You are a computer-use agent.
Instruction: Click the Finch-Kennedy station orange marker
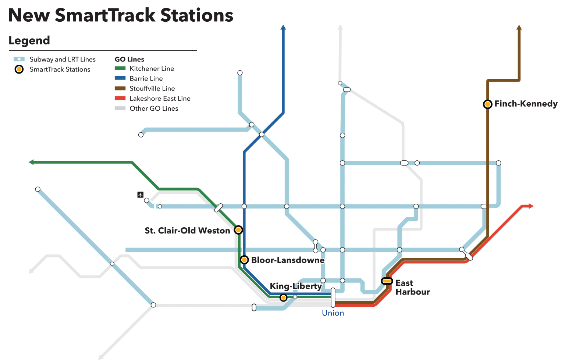(x=487, y=104)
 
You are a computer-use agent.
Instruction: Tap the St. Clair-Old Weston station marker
(x=238, y=230)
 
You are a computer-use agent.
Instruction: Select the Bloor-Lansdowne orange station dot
(x=244, y=260)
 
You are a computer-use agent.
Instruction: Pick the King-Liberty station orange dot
(x=283, y=298)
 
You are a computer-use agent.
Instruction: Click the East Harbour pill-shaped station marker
(x=387, y=281)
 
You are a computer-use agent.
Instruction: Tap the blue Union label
(x=333, y=313)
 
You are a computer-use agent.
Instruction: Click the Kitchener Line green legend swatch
(x=120, y=68)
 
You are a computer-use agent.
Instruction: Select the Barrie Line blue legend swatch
(x=120, y=78)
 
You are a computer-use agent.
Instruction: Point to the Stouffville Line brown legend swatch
(x=120, y=88)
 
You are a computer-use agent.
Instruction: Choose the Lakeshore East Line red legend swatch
(x=120, y=99)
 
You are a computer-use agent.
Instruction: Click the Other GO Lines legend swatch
(x=120, y=108)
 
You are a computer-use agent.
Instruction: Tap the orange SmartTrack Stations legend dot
(x=19, y=69)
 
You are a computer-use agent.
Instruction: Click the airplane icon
(x=140, y=195)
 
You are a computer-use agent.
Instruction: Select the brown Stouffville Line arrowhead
(x=519, y=27)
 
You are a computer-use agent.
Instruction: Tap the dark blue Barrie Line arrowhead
(x=283, y=27)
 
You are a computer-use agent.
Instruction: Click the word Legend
(x=29, y=40)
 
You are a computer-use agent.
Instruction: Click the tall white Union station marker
(x=333, y=297)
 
